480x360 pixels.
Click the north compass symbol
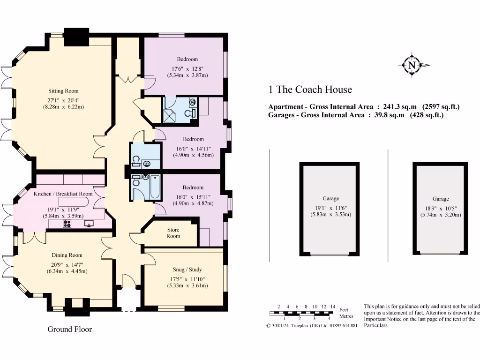tap(412, 66)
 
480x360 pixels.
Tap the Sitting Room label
tap(63, 91)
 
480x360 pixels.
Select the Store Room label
tap(173, 233)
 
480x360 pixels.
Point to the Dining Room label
tap(67, 255)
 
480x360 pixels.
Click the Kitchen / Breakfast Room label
tap(63, 194)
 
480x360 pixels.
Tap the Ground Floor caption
tap(70, 329)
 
